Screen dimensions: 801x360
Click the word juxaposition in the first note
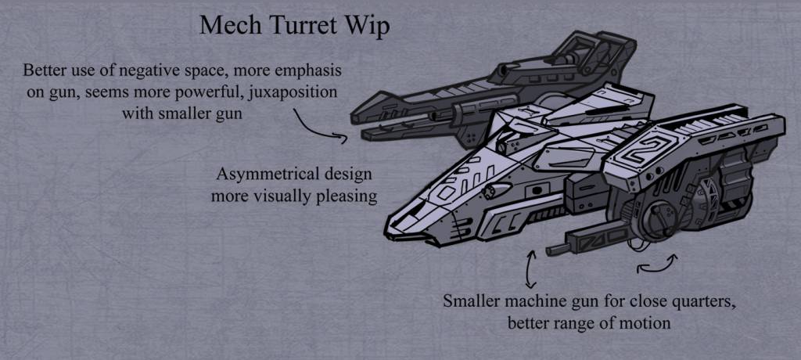pos(294,94)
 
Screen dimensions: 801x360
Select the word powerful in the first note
pos(217,94)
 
